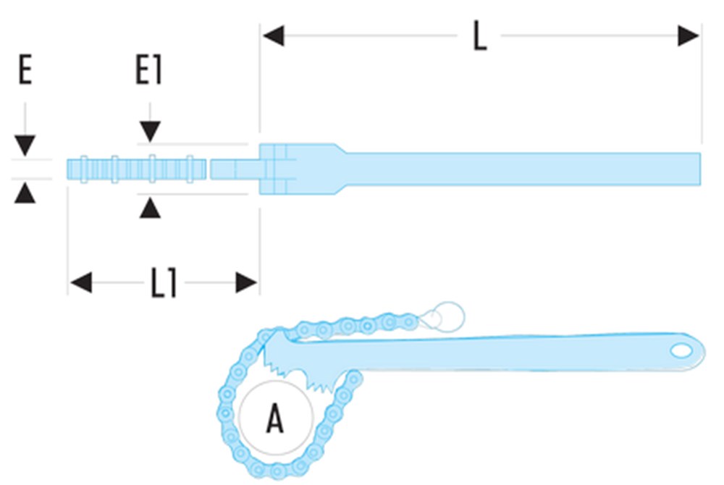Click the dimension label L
coord(479,36)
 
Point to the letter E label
coord(25,72)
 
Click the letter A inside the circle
coord(274,418)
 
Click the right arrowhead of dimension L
coord(689,35)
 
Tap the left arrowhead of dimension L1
coord(80,283)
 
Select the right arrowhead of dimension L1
coord(247,283)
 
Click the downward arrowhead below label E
coord(25,145)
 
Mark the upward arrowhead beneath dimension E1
coord(150,208)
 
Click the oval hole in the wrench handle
coord(681,350)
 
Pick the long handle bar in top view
coord(521,169)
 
